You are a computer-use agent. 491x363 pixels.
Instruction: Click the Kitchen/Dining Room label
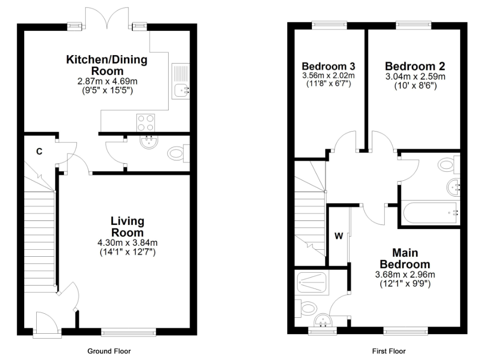(107, 66)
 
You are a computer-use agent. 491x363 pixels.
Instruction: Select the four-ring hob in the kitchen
(145, 122)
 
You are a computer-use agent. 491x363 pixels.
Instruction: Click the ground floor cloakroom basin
(148, 142)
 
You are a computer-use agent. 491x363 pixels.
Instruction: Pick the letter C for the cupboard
(38, 151)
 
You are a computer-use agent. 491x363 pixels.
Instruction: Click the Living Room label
(127, 226)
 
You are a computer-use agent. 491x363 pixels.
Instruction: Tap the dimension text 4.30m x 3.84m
(127, 242)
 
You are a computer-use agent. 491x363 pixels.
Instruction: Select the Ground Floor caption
(109, 351)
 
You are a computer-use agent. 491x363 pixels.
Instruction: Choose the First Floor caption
(389, 351)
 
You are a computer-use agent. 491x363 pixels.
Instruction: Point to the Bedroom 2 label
(415, 66)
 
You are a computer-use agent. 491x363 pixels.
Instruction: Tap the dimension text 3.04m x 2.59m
(415, 76)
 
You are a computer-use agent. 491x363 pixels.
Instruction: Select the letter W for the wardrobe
(338, 236)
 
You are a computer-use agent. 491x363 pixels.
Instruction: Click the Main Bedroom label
(405, 258)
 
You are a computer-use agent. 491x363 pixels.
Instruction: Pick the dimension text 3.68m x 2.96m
(405, 275)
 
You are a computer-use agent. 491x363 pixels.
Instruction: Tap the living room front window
(128, 331)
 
